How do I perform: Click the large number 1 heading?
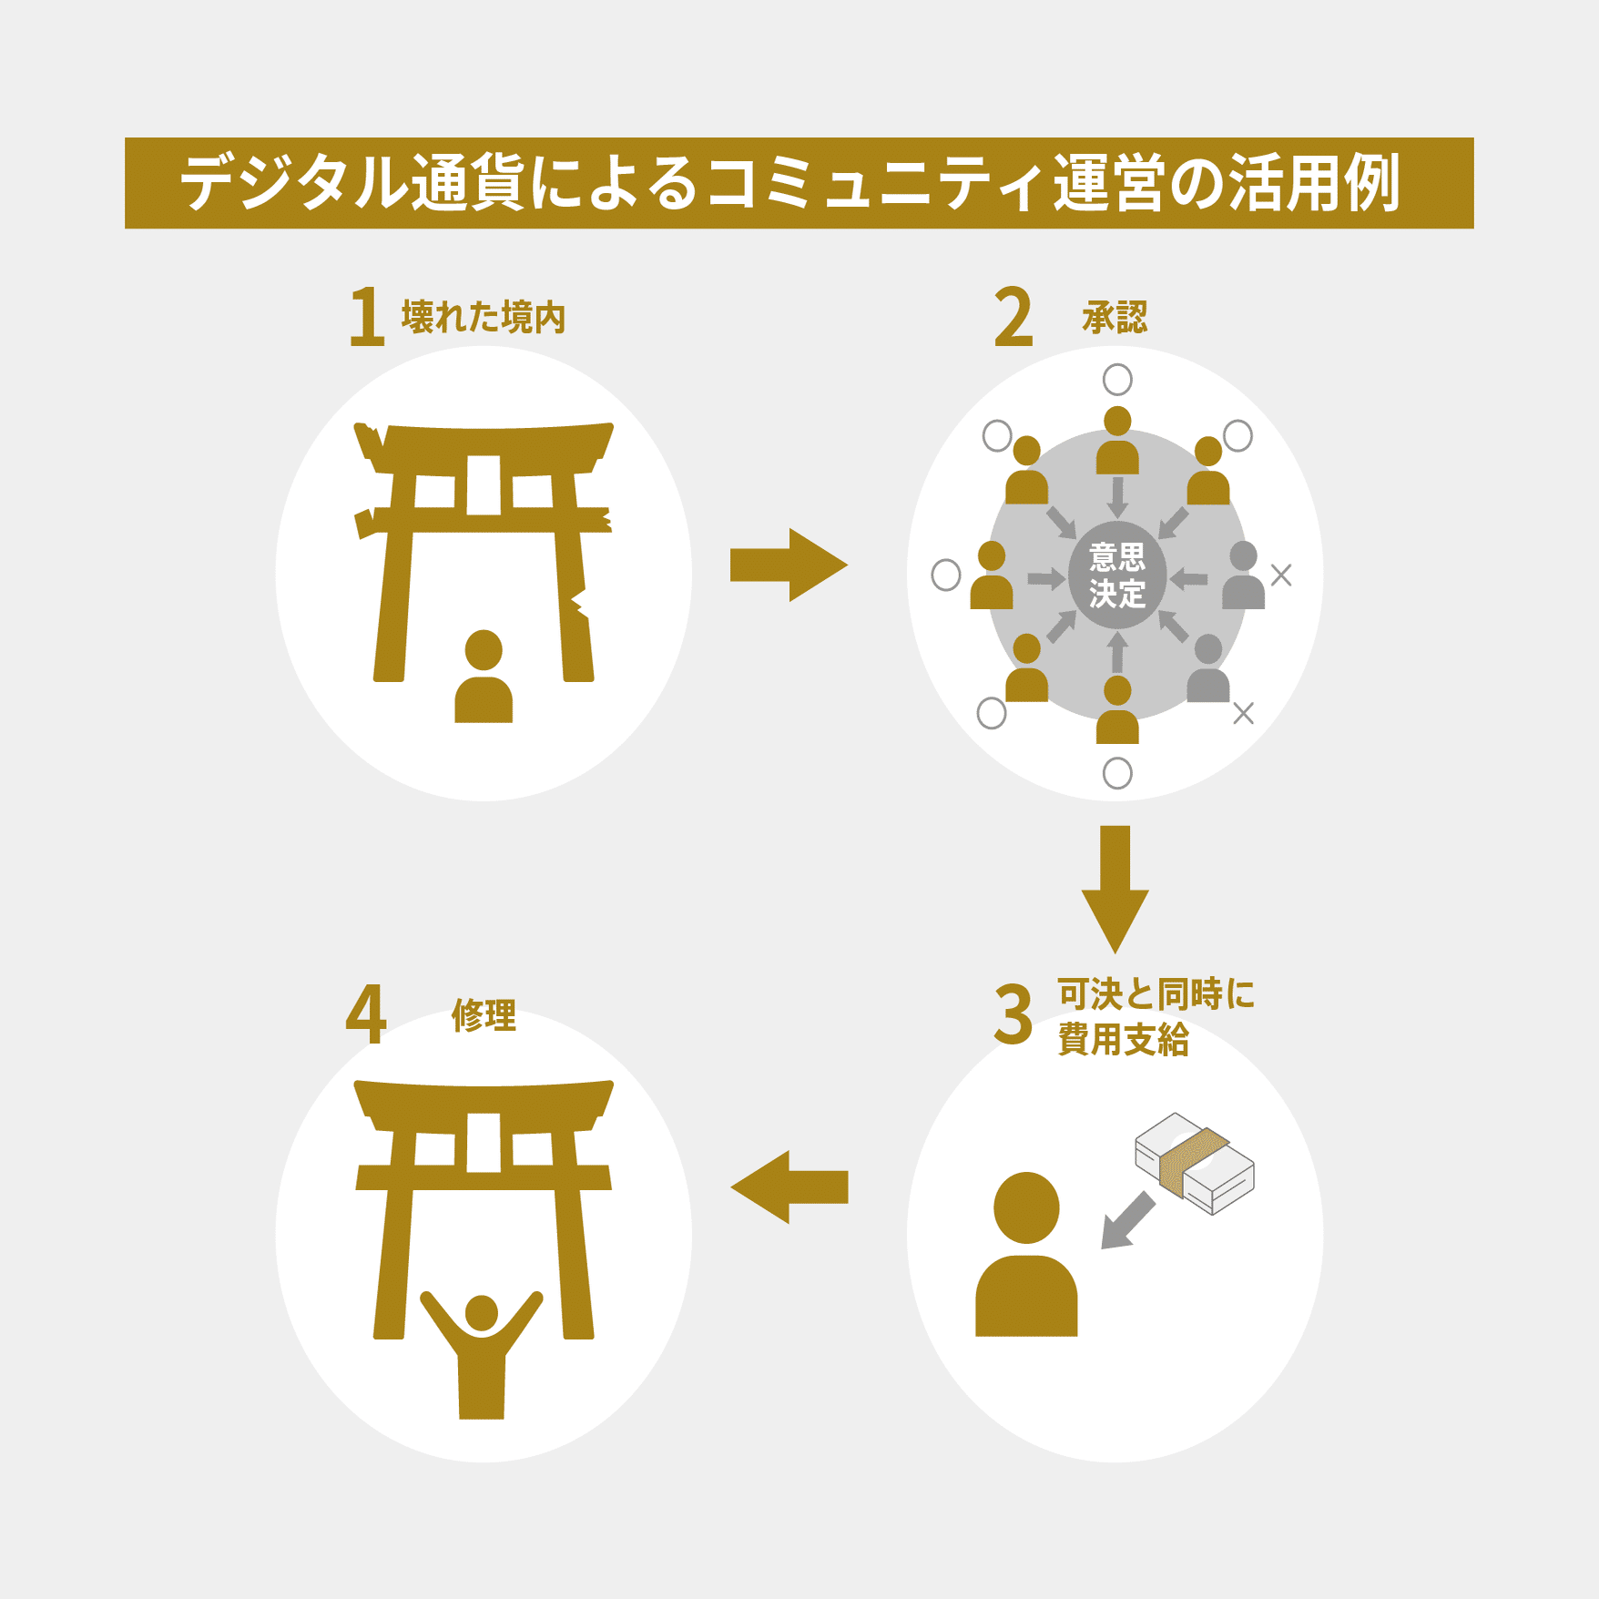click(367, 316)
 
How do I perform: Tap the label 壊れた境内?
click(484, 317)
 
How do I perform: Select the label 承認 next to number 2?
click(1115, 317)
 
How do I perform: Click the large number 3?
click(1013, 1014)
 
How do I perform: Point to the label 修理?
click(484, 1014)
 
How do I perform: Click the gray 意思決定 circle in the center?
click(1117, 575)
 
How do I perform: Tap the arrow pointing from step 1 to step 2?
click(789, 565)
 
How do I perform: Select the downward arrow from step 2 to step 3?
click(1115, 887)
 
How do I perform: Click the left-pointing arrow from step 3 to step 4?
click(789, 1187)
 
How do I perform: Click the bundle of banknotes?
click(1194, 1163)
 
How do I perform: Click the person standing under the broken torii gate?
click(484, 677)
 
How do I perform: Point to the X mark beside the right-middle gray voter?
click(1281, 575)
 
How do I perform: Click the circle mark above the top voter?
click(1117, 379)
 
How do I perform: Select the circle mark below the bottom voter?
click(1117, 773)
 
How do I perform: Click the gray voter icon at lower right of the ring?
click(1208, 669)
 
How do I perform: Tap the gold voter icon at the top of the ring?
click(1117, 441)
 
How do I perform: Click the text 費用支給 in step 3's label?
click(1123, 1040)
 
